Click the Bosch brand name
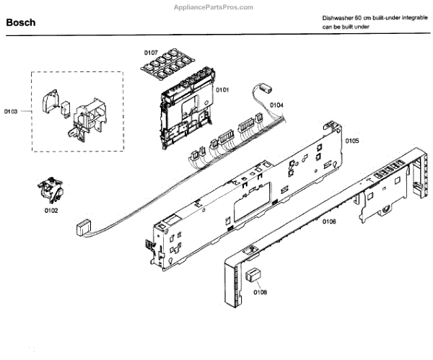tap(21, 22)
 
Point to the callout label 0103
tap(11, 112)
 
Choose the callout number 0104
tap(276, 105)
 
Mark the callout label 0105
tap(351, 141)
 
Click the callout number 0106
tap(328, 221)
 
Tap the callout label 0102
tap(51, 211)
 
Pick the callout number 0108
tap(261, 292)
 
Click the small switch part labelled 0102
tap(49, 191)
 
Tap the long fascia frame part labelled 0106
tap(318, 209)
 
